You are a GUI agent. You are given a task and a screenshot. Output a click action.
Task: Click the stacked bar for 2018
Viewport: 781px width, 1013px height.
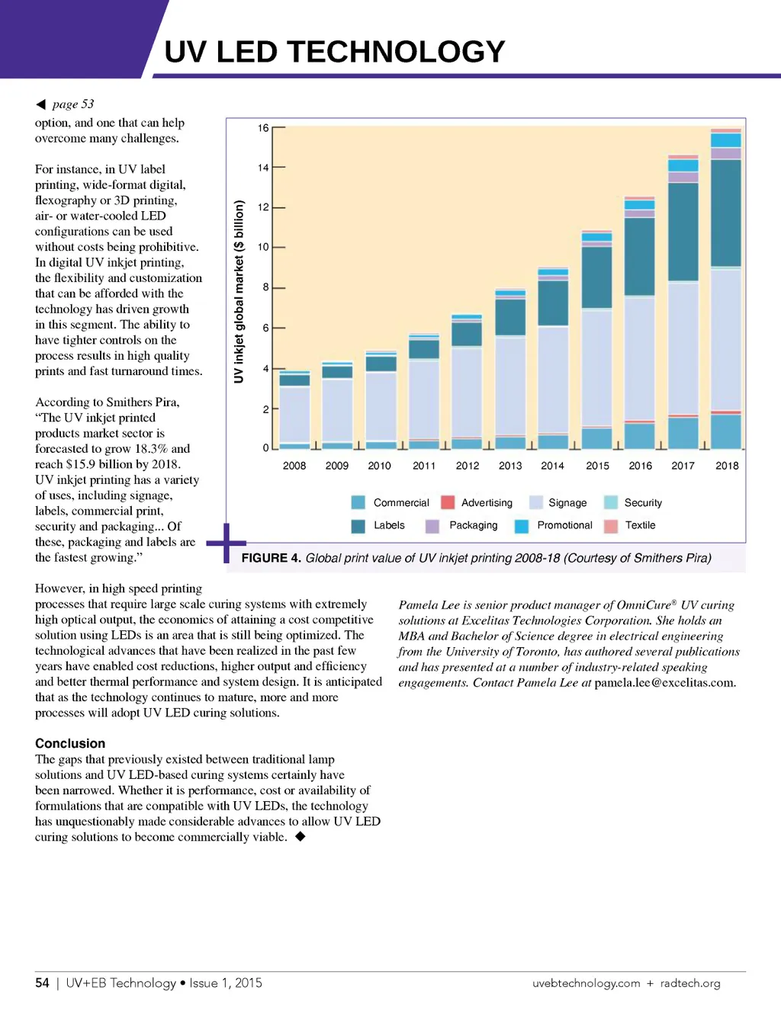click(x=726, y=290)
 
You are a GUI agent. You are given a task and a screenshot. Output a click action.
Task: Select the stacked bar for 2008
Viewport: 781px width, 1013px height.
click(x=294, y=410)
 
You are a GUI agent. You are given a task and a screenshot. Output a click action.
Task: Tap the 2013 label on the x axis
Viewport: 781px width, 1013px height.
click(x=510, y=466)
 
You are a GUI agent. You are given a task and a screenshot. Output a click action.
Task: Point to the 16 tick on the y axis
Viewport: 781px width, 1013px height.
click(x=263, y=128)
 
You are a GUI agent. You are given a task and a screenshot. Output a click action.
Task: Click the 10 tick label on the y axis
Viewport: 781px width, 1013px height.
click(x=263, y=247)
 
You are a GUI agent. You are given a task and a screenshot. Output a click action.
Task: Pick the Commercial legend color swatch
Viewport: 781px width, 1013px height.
click(x=358, y=502)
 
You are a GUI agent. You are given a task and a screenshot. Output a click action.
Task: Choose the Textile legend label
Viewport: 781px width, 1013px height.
click(x=640, y=525)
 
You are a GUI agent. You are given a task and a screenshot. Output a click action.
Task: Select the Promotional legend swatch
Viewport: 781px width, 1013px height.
click(x=522, y=526)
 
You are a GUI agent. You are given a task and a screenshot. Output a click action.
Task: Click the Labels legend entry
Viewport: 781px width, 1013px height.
click(x=389, y=525)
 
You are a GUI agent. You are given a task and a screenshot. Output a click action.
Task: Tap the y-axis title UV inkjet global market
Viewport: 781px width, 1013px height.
click(x=239, y=291)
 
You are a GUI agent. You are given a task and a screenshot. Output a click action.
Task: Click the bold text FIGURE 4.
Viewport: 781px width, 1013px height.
click(x=271, y=558)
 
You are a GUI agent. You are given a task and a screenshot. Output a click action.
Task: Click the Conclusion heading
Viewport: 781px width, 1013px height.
click(x=70, y=743)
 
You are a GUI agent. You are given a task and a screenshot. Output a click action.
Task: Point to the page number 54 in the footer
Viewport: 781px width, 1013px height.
click(x=42, y=983)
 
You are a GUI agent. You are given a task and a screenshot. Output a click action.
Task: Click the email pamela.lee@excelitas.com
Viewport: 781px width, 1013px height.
click(x=665, y=683)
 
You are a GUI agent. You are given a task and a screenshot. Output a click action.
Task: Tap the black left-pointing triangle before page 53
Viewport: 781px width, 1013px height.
click(x=41, y=104)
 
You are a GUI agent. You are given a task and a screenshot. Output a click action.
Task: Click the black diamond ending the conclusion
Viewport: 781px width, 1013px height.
click(x=301, y=836)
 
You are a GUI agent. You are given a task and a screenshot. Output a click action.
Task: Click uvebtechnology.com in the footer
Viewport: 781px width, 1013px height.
click(x=586, y=983)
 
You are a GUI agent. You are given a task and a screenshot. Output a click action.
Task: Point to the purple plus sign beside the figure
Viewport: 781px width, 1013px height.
click(x=226, y=543)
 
